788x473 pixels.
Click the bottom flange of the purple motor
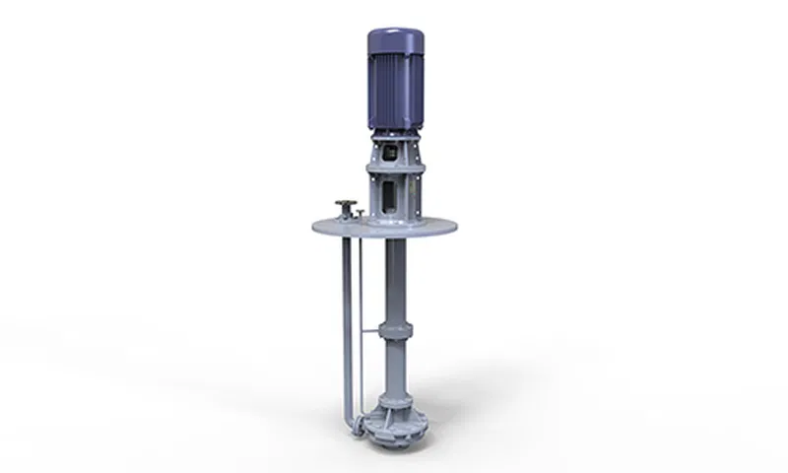(x=394, y=132)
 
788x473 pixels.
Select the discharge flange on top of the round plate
(x=345, y=205)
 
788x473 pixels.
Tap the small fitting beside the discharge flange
(x=360, y=213)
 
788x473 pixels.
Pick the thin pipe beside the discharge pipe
(x=361, y=315)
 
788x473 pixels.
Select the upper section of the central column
(x=394, y=281)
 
